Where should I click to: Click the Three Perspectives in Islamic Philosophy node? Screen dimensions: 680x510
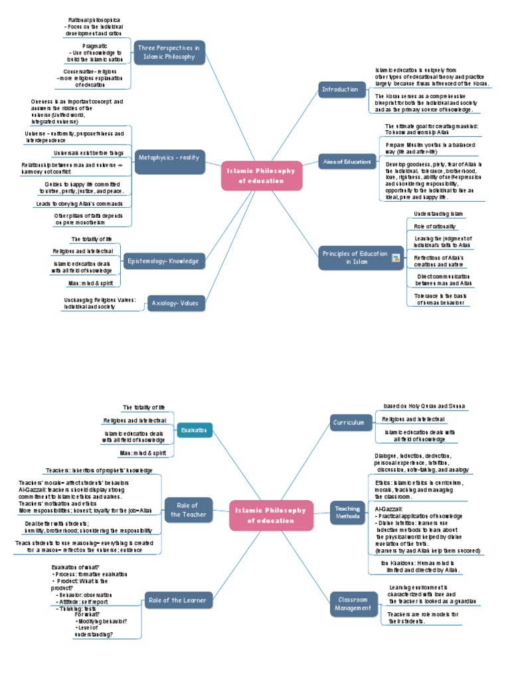169,52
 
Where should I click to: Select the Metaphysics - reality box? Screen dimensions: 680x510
169,157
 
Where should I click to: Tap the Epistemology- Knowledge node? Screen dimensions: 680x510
163,261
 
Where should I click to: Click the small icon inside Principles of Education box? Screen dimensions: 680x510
396,258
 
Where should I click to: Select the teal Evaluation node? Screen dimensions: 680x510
195,430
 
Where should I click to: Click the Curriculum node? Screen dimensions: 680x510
349,422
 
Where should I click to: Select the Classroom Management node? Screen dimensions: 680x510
353,603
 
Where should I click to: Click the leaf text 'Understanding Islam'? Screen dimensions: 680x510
438,214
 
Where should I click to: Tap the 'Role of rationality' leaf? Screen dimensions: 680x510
435,226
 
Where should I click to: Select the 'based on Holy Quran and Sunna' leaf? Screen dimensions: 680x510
424,406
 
